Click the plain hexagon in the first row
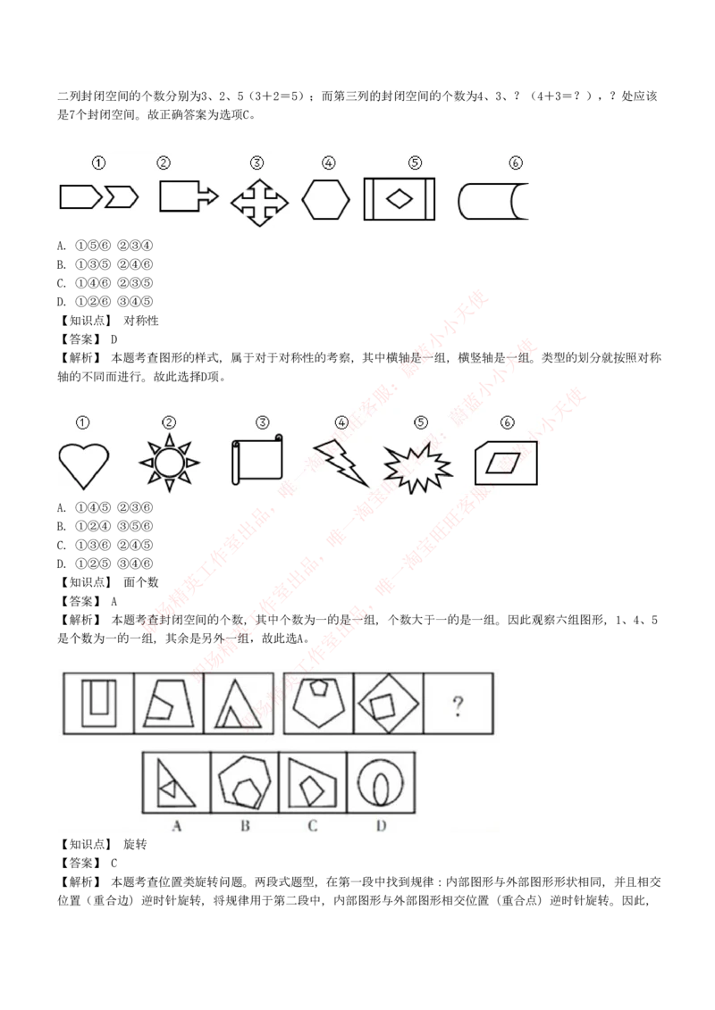[x=325, y=199]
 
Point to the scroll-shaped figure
[x=257, y=461]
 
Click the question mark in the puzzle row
[x=458, y=707]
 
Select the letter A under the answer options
[x=177, y=826]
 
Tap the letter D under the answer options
[x=381, y=826]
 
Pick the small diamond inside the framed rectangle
[x=399, y=199]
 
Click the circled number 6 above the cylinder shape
[x=515, y=163]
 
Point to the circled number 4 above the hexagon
[x=329, y=163]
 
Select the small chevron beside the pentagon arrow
[x=122, y=196]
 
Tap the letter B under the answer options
[x=245, y=826]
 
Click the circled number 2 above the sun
[x=169, y=422]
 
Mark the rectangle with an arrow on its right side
[x=188, y=196]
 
